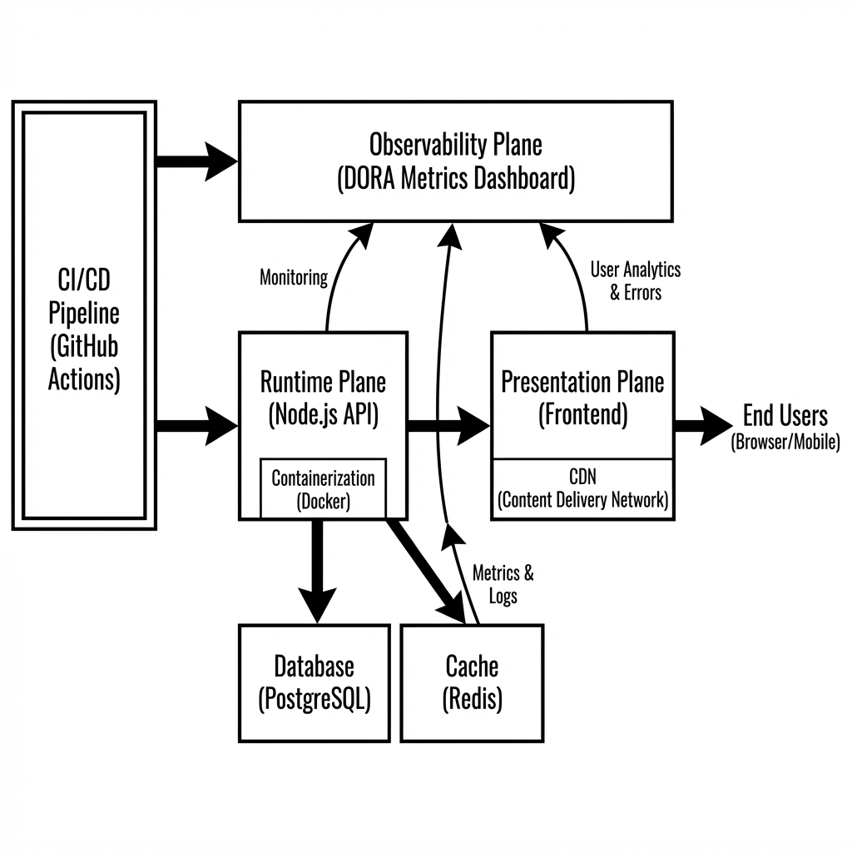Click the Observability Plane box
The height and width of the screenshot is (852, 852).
click(455, 161)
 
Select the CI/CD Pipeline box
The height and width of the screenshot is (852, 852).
click(84, 315)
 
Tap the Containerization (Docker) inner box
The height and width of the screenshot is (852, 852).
click(323, 489)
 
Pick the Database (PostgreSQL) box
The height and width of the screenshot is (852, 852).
click(314, 682)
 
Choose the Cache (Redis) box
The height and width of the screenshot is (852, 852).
click(472, 682)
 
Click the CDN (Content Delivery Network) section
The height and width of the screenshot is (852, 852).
click(582, 489)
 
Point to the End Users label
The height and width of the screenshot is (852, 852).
click(785, 415)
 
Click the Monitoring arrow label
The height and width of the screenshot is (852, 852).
click(294, 278)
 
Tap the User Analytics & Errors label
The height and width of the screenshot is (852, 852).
click(635, 280)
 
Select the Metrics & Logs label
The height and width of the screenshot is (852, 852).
click(503, 584)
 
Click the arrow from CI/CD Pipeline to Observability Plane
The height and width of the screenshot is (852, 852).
click(196, 161)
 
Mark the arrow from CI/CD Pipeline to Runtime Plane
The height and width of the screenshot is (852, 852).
click(196, 426)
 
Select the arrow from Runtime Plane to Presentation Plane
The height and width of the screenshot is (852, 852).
click(448, 426)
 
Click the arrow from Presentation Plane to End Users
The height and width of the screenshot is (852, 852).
click(701, 426)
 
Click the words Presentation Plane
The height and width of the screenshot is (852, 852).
click(582, 383)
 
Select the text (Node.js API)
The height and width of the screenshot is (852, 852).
click(324, 414)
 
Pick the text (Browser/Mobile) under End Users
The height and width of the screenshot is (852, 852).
click(785, 443)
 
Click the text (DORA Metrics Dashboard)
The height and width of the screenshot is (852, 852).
click(455, 178)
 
